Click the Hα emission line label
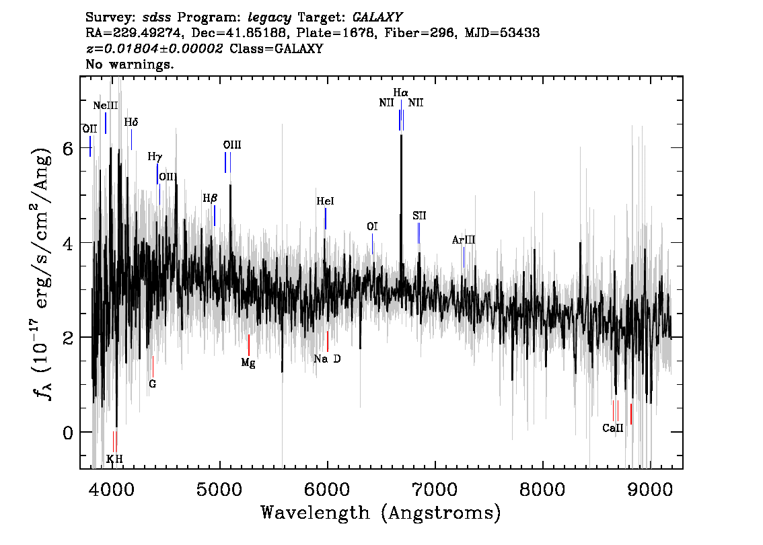click(401, 92)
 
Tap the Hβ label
click(210, 198)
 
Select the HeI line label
click(325, 201)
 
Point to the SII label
click(419, 216)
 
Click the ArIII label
click(464, 240)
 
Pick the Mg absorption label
click(248, 363)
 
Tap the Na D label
click(327, 359)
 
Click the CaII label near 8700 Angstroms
click(613, 428)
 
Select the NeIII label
click(106, 106)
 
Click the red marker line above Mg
click(249, 344)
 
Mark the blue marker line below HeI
click(326, 219)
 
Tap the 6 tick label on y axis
click(68, 148)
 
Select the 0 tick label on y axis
click(68, 432)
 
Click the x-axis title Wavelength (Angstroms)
click(381, 513)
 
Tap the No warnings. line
click(130, 65)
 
